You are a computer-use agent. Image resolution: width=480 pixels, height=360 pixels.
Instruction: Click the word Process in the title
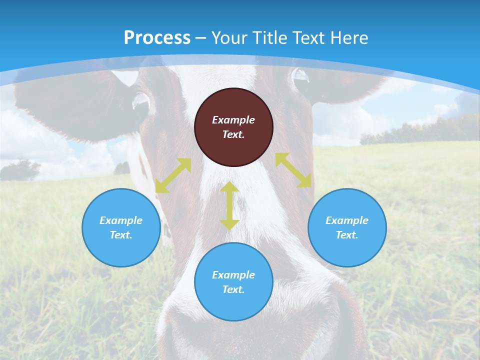(157, 37)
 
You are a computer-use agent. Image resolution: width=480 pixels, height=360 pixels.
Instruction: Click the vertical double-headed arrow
(229, 205)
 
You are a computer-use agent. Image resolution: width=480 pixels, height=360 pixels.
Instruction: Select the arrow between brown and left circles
(173, 175)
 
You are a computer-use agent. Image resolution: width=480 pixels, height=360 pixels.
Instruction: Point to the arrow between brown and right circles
(293, 170)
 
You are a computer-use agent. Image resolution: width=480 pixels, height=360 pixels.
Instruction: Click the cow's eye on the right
(301, 76)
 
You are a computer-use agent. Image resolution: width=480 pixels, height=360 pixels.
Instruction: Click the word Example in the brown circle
(233, 120)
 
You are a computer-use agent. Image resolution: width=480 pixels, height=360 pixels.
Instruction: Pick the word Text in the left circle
(121, 235)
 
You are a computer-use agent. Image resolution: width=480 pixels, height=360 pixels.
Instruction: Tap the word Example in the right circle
(347, 220)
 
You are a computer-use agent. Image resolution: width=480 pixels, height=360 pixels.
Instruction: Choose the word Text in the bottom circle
(232, 289)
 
